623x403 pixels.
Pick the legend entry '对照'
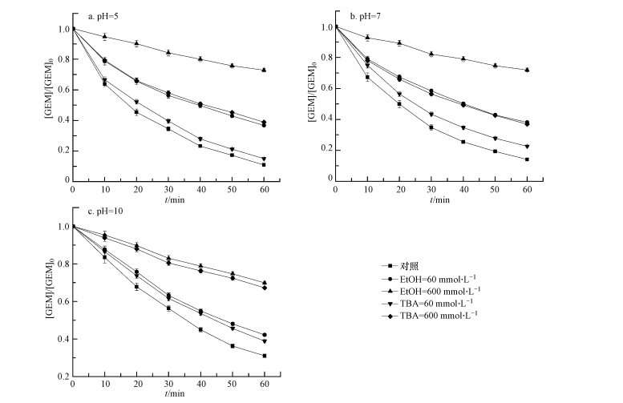point(405,264)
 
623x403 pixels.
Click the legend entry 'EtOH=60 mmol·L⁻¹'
point(434,277)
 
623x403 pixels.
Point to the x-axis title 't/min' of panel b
point(433,199)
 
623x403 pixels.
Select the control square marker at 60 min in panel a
point(264,164)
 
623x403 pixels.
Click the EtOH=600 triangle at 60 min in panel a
point(264,70)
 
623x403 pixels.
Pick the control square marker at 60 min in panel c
point(264,356)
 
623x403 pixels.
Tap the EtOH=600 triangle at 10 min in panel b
point(367,38)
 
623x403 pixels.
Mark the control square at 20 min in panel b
point(399,103)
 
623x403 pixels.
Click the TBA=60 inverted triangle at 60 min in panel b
point(527,147)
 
